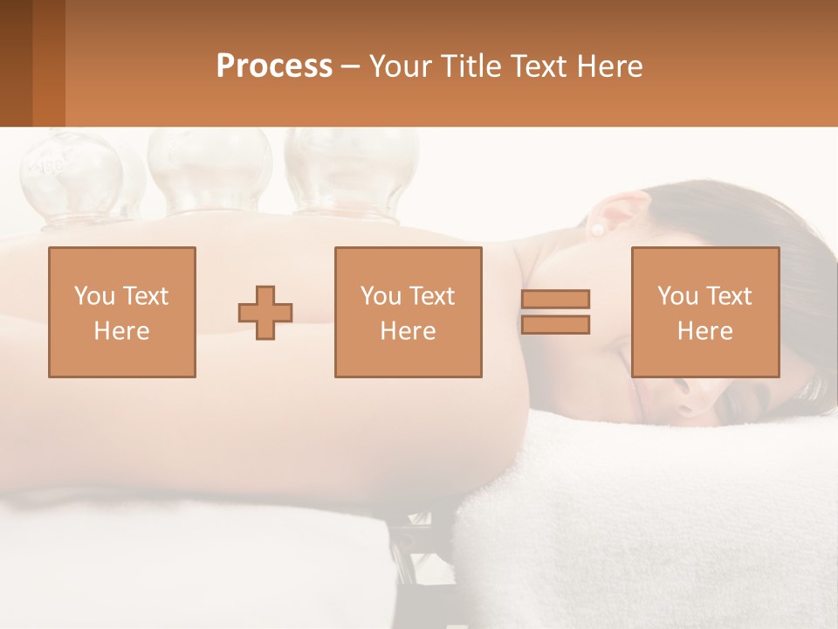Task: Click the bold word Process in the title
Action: [274, 66]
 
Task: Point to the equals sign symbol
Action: [555, 312]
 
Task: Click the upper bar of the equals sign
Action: [555, 300]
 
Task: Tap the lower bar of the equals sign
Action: [555, 324]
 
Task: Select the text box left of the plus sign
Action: [121, 312]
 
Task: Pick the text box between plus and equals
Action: [408, 312]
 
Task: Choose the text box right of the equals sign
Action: [704, 312]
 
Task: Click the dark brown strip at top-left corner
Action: [16, 63]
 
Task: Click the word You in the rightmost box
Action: [677, 296]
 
